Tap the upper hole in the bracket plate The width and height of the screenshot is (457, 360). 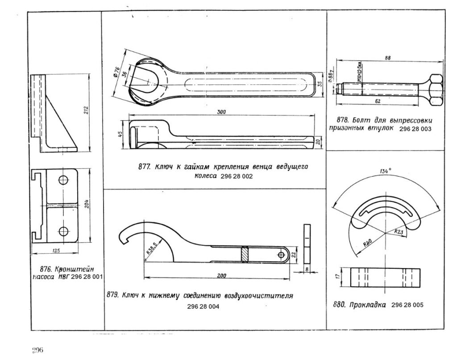63,180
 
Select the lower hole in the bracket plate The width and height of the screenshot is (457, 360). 63,231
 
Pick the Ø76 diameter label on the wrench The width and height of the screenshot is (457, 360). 117,71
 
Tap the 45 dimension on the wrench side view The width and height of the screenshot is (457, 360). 120,135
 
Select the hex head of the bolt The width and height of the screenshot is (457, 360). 435,89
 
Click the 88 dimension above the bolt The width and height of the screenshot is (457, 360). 387,58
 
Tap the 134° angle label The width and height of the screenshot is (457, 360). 385,170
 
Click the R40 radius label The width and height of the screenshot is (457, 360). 368,243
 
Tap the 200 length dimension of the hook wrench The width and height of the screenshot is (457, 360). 220,276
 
